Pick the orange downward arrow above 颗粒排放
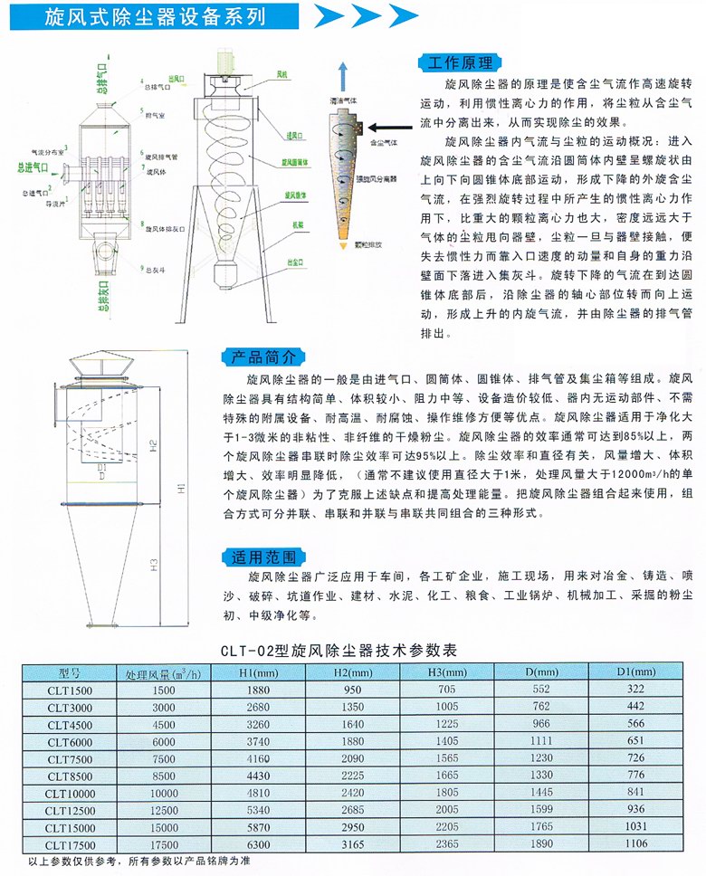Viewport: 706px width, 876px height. (343, 245)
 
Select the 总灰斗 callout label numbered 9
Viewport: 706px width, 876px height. (152, 270)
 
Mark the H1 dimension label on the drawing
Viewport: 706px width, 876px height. (180, 490)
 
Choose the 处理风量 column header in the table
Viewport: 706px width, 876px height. (164, 672)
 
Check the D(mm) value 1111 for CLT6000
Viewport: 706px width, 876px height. (540, 741)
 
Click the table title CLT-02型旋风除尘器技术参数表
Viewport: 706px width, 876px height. (352, 650)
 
